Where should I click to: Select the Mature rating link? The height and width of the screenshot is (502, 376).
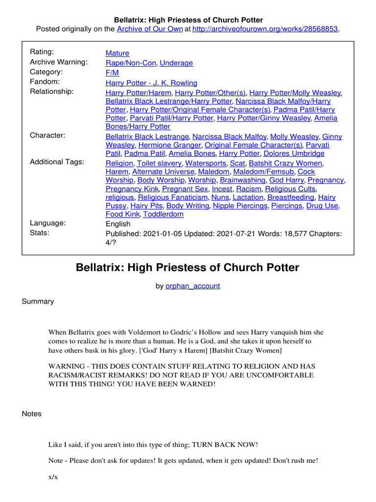(x=117, y=53)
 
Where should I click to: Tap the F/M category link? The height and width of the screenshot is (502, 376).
(x=112, y=73)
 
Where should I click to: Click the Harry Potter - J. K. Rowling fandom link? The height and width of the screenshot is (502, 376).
(x=151, y=83)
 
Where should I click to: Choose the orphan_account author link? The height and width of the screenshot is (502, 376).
(x=192, y=286)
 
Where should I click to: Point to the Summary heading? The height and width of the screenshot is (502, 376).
(x=38, y=301)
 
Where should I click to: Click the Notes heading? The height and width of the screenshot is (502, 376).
(x=32, y=414)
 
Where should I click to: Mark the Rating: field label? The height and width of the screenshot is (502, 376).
(x=42, y=52)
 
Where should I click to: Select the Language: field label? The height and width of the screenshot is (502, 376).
(x=48, y=223)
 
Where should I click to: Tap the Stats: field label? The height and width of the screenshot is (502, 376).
(x=40, y=233)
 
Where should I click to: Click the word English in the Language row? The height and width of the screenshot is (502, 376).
(x=118, y=224)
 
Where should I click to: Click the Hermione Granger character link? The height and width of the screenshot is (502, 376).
(x=169, y=145)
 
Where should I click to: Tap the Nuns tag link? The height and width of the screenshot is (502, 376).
(x=219, y=197)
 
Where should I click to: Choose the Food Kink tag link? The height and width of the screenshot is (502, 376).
(x=122, y=214)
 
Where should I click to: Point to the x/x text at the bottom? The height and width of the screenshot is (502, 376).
(x=53, y=477)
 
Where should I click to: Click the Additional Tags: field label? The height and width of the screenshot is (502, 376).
(x=57, y=162)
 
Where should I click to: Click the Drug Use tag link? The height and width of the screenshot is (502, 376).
(x=322, y=206)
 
